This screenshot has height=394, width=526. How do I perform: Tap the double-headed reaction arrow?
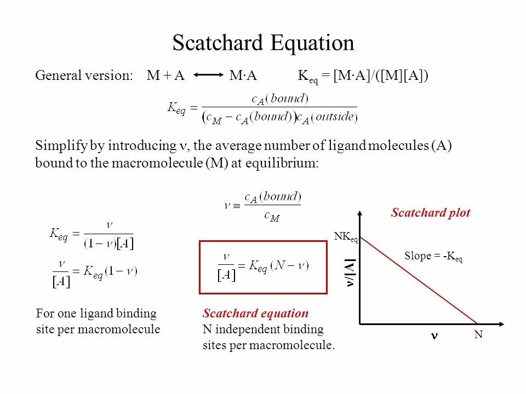(207, 76)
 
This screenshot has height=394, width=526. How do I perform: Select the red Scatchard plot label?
(430, 213)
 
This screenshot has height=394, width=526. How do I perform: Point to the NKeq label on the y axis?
(345, 237)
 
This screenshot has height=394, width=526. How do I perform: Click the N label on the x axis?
(478, 334)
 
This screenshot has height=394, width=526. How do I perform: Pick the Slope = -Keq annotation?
(433, 256)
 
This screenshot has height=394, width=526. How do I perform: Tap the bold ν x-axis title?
(433, 335)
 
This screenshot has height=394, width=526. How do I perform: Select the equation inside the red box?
(263, 266)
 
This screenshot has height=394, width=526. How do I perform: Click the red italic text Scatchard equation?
(255, 314)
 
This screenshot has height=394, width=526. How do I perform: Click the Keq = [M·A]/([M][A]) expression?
(363, 76)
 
